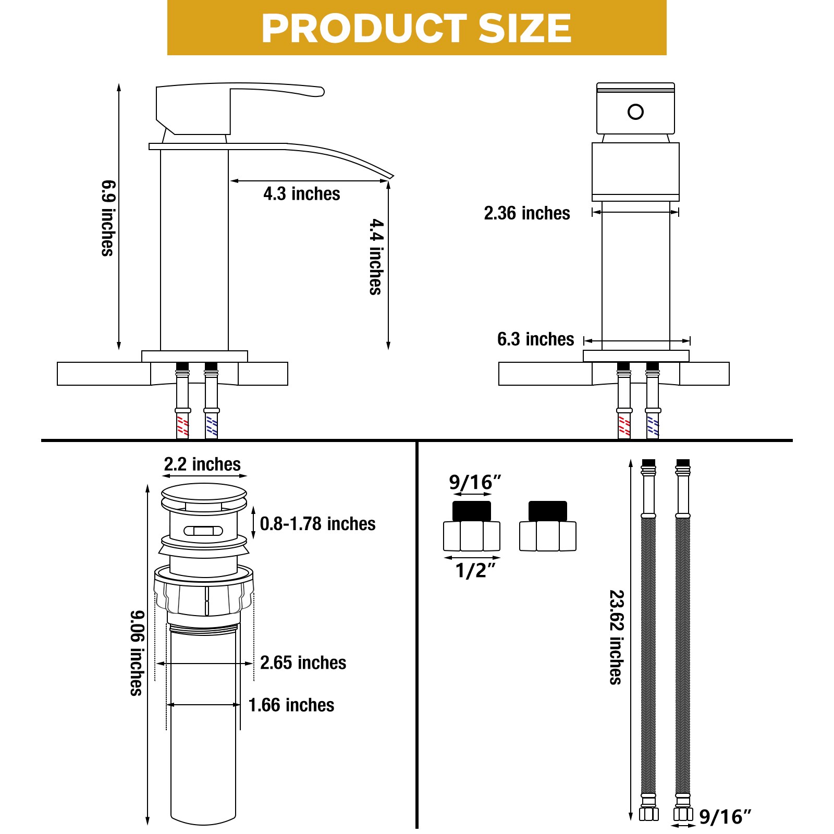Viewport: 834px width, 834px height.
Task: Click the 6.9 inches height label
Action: point(108,218)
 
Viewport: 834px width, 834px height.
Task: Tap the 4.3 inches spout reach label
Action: point(301,194)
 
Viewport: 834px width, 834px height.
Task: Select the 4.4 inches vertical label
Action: point(376,256)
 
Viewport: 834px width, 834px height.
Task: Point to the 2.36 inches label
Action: point(526,213)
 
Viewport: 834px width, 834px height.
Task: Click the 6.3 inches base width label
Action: point(535,339)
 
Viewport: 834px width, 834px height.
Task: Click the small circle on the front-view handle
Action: point(635,112)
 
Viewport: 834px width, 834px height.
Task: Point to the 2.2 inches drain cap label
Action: point(202,464)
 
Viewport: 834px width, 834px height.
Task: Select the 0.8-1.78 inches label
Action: point(317,524)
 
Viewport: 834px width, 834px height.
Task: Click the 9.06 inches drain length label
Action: point(137,653)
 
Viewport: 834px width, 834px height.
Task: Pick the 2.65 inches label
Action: point(303,663)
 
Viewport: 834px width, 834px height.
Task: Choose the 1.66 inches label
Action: point(291,705)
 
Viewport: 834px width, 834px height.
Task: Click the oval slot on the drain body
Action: point(203,531)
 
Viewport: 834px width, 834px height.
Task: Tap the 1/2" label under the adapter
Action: point(474,571)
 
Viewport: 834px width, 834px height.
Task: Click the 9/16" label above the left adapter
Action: point(474,483)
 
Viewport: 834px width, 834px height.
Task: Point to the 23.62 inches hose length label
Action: point(617,637)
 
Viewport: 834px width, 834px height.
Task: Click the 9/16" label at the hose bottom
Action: point(725,817)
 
